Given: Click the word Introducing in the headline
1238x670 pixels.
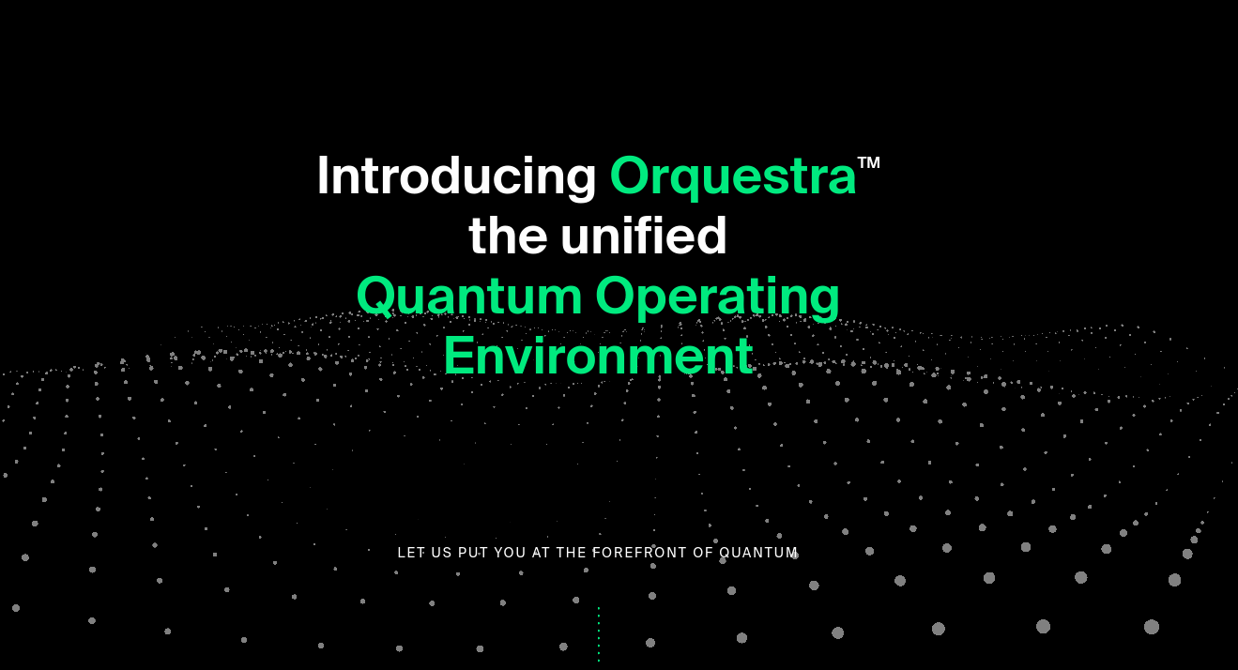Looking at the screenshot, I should (456, 176).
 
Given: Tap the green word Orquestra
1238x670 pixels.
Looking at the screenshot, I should (733, 176).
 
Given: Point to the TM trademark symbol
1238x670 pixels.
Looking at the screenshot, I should (868, 162).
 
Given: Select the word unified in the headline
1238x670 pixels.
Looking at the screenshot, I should (644, 236).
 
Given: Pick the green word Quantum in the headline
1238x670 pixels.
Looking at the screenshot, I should (469, 297).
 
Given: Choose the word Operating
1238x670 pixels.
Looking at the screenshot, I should (717, 297).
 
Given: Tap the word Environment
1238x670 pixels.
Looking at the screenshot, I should (598, 357).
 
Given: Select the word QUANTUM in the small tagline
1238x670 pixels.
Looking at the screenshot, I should (758, 553).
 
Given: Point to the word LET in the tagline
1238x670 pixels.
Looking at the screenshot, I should (411, 553).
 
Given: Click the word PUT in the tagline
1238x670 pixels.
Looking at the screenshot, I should (473, 553).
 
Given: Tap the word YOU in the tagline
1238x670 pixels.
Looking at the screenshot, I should (510, 553).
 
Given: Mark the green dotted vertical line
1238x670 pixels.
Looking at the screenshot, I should (599, 634).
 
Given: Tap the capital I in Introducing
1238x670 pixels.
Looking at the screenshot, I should (323, 176).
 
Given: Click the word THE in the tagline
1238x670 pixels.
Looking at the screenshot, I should (572, 553).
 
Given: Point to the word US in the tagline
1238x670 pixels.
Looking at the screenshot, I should (441, 553).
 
